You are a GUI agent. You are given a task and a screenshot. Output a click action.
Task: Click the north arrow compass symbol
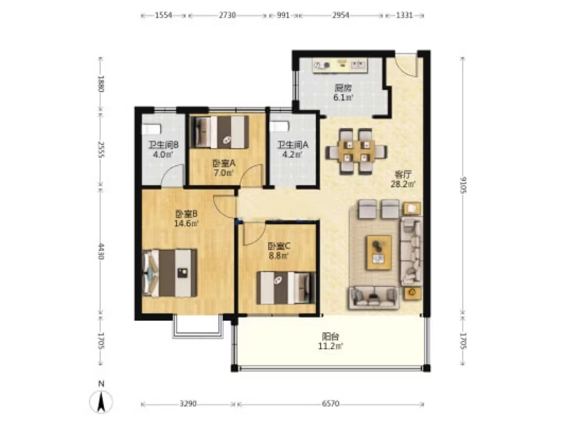point(102,400)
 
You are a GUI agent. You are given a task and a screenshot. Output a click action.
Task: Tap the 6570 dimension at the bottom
point(331,404)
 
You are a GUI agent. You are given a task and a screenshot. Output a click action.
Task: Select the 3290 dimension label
point(188,404)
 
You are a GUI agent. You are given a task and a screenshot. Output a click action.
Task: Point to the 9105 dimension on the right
point(463,185)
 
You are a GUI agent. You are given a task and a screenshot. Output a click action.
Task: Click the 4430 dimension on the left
point(102,252)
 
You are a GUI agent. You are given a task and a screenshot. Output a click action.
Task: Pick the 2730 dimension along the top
point(227,15)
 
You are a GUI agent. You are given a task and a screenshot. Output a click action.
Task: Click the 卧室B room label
point(186,214)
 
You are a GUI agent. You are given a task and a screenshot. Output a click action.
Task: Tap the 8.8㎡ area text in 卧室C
point(279,256)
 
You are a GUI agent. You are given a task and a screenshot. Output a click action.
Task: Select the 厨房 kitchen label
point(343,88)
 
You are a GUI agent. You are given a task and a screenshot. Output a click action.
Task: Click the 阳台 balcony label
point(331,337)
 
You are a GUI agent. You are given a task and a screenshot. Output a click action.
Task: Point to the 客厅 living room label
point(403,175)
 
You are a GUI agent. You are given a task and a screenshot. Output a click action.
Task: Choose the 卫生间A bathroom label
point(292,145)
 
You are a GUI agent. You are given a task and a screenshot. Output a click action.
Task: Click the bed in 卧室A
point(219,132)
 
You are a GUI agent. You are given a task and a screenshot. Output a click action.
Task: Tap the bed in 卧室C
point(286,288)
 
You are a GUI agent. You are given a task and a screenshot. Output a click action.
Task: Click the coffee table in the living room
point(379,252)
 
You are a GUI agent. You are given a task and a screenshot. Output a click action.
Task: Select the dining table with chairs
point(356,152)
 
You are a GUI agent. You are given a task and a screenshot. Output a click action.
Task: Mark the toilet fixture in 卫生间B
point(151,129)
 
